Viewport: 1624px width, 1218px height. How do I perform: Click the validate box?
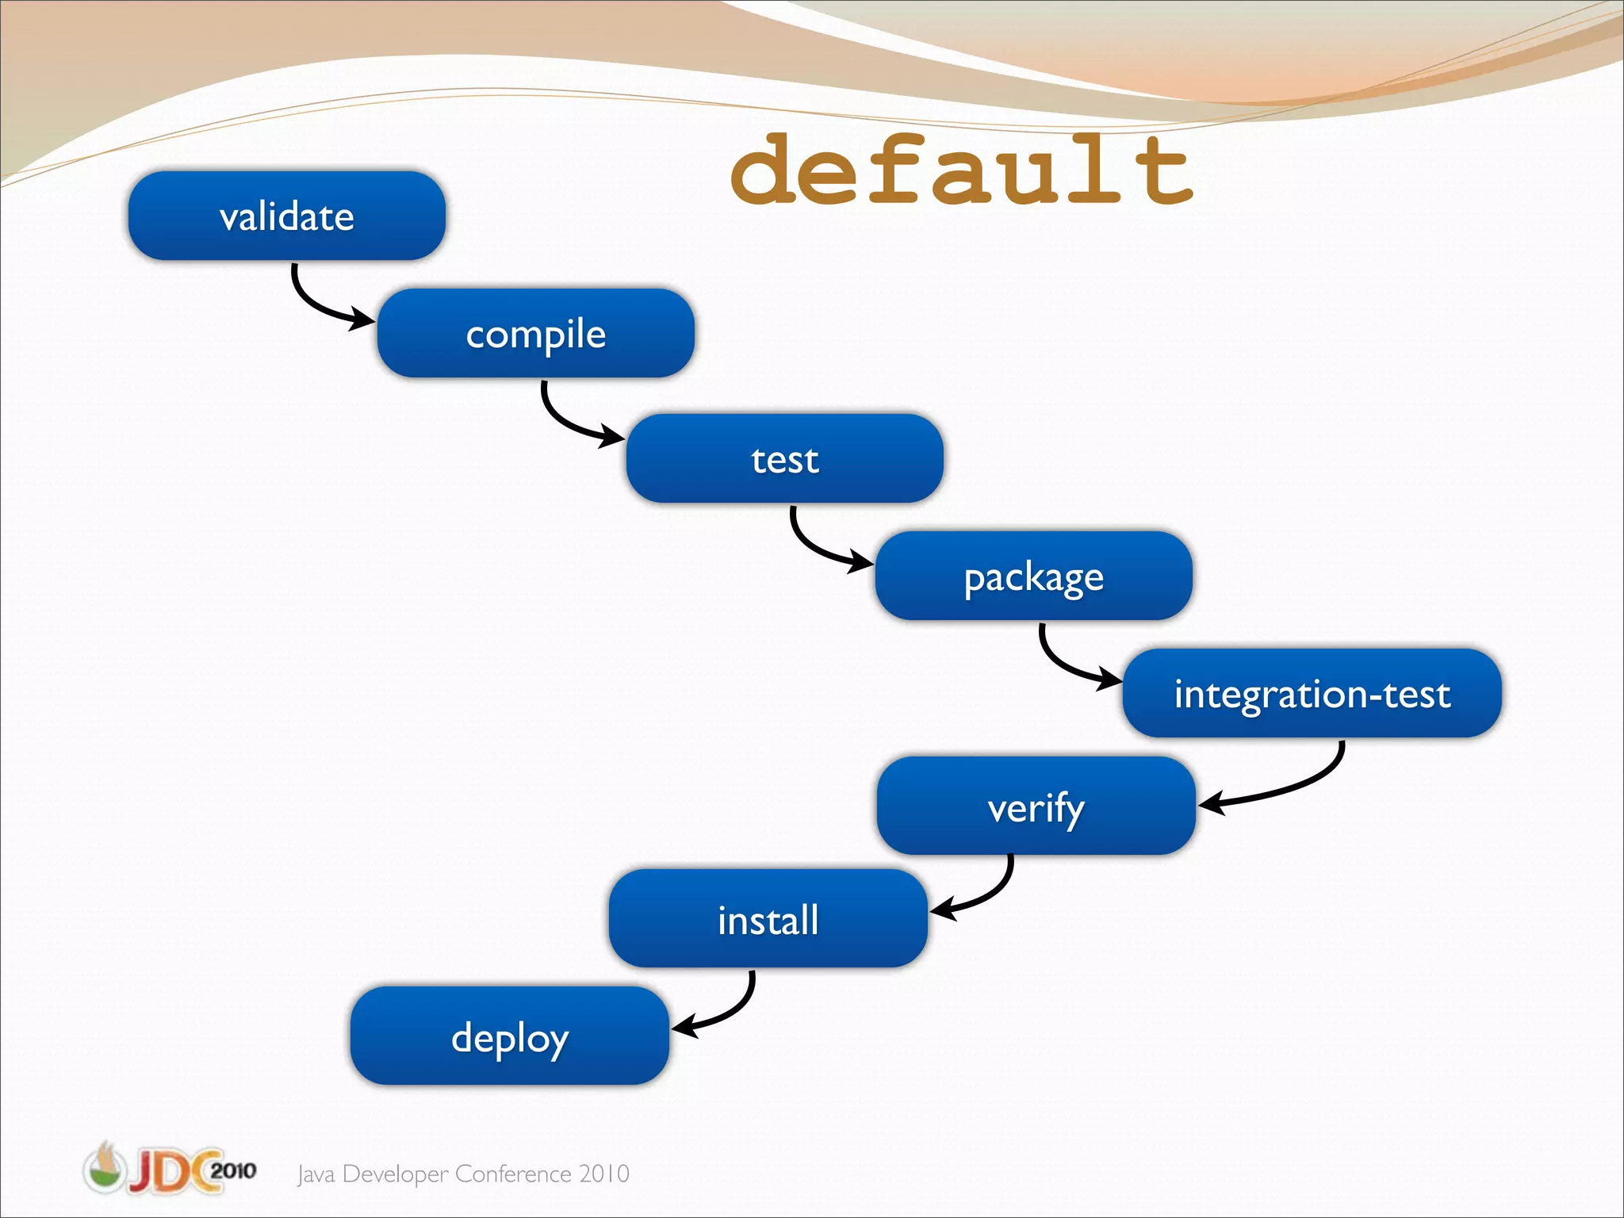click(x=286, y=216)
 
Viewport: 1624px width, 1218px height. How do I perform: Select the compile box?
click(x=535, y=333)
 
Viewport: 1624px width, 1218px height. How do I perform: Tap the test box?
click(x=784, y=458)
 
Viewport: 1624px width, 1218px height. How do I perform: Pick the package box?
click(x=1033, y=576)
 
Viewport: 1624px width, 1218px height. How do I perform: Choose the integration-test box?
click(x=1312, y=693)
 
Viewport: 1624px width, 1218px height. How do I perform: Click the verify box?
click(x=1036, y=806)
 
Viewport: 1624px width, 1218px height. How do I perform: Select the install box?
click(x=768, y=918)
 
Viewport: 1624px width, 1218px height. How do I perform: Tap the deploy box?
click(x=509, y=1036)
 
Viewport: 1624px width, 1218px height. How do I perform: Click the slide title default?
click(x=961, y=170)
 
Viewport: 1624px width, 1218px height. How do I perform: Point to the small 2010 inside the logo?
click(x=232, y=1170)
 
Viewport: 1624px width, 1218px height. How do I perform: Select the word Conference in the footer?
click(x=513, y=1174)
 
